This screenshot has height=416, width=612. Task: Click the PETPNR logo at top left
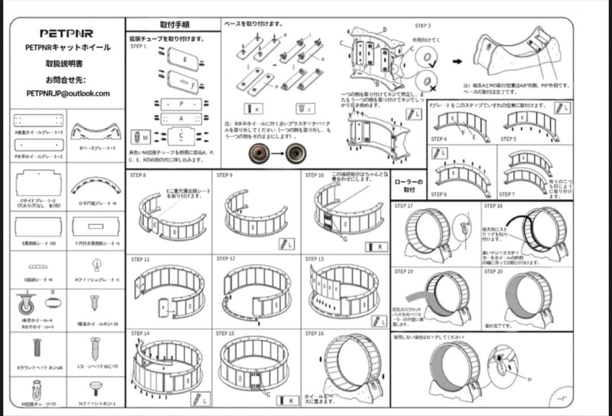(66, 33)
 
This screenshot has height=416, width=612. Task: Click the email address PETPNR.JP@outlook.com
(68, 93)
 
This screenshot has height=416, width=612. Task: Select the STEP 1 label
(138, 47)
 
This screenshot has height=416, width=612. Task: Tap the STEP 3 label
(423, 26)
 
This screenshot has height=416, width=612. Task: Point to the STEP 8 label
(138, 175)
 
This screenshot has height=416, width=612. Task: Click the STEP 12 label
(226, 259)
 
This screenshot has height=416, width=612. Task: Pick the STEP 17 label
(403, 206)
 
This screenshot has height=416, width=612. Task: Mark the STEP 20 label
(493, 272)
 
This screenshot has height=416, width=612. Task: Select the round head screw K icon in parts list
(37, 347)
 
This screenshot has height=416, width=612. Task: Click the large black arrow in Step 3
(457, 61)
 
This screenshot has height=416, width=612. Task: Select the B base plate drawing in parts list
(94, 131)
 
